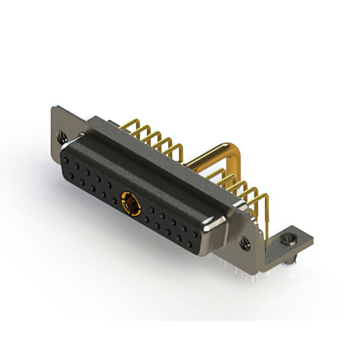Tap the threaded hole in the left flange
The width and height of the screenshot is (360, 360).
pos(62,136)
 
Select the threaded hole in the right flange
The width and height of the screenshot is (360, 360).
pos(246,243)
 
